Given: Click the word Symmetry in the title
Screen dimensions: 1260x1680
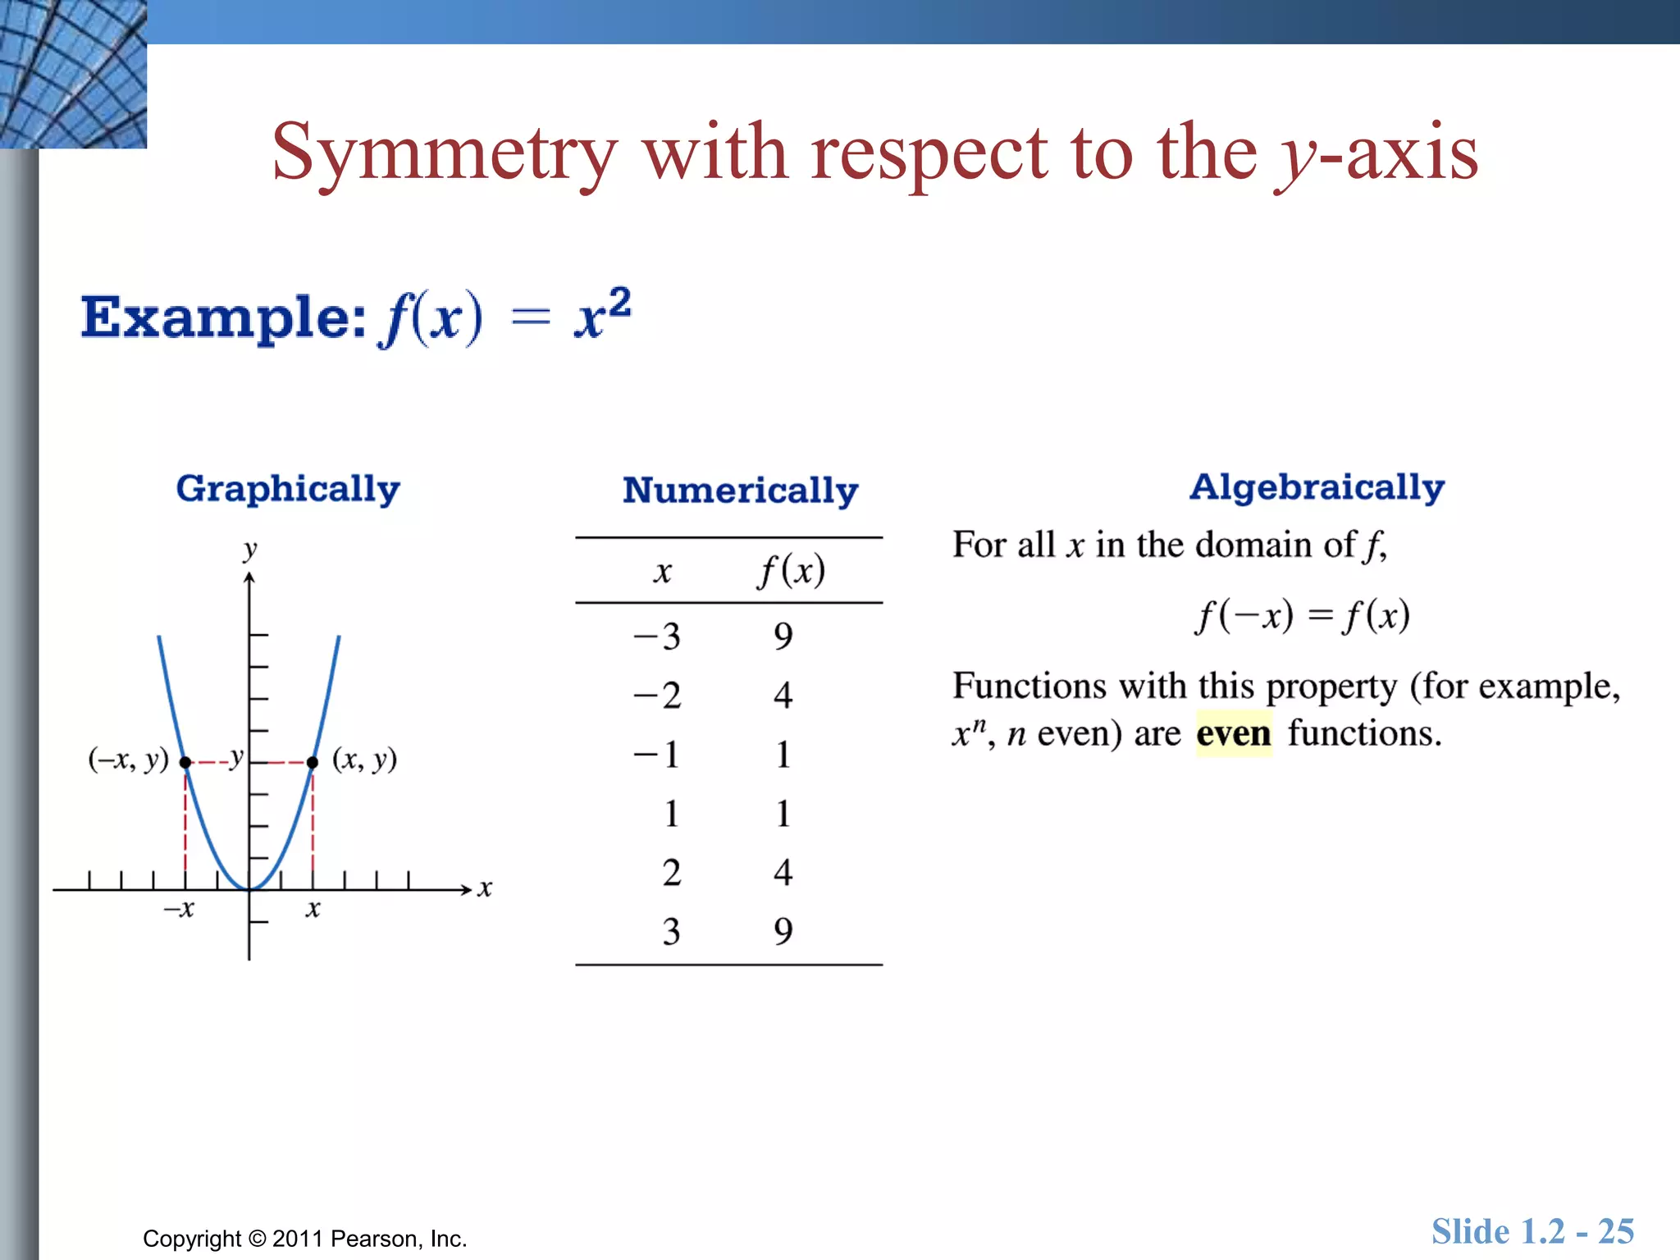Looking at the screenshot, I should tap(444, 153).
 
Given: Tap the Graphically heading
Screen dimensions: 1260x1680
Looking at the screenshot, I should tap(288, 489).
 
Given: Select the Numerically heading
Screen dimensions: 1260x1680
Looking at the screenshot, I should tap(740, 491).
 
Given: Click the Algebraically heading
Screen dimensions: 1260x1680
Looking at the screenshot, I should tap(1317, 487).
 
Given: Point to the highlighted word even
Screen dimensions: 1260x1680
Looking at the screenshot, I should tap(1233, 733).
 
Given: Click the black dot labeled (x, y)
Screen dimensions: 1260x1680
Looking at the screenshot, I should tap(313, 763).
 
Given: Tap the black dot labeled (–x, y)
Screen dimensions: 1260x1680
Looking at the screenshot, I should tap(185, 763).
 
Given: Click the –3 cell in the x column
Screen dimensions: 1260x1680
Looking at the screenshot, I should tap(657, 637).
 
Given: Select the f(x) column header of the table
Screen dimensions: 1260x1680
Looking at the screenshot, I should tap(792, 571).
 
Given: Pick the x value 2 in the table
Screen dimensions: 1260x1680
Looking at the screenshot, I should tap(671, 873).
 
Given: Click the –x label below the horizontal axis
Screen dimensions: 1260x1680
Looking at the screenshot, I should tap(179, 909).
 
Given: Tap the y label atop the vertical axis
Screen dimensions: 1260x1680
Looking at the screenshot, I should tap(250, 550).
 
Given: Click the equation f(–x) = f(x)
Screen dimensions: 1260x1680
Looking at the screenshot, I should tap(1303, 616).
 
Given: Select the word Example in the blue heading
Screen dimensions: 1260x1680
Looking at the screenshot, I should tap(222, 317).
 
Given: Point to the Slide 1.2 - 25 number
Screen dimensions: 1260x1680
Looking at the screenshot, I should tap(1532, 1232).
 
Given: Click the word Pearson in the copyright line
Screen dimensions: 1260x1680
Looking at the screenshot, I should tap(377, 1239).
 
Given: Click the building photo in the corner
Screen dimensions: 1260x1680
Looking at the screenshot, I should tap(73, 74).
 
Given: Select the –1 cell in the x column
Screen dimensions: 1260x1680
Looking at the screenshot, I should tap(657, 755).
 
